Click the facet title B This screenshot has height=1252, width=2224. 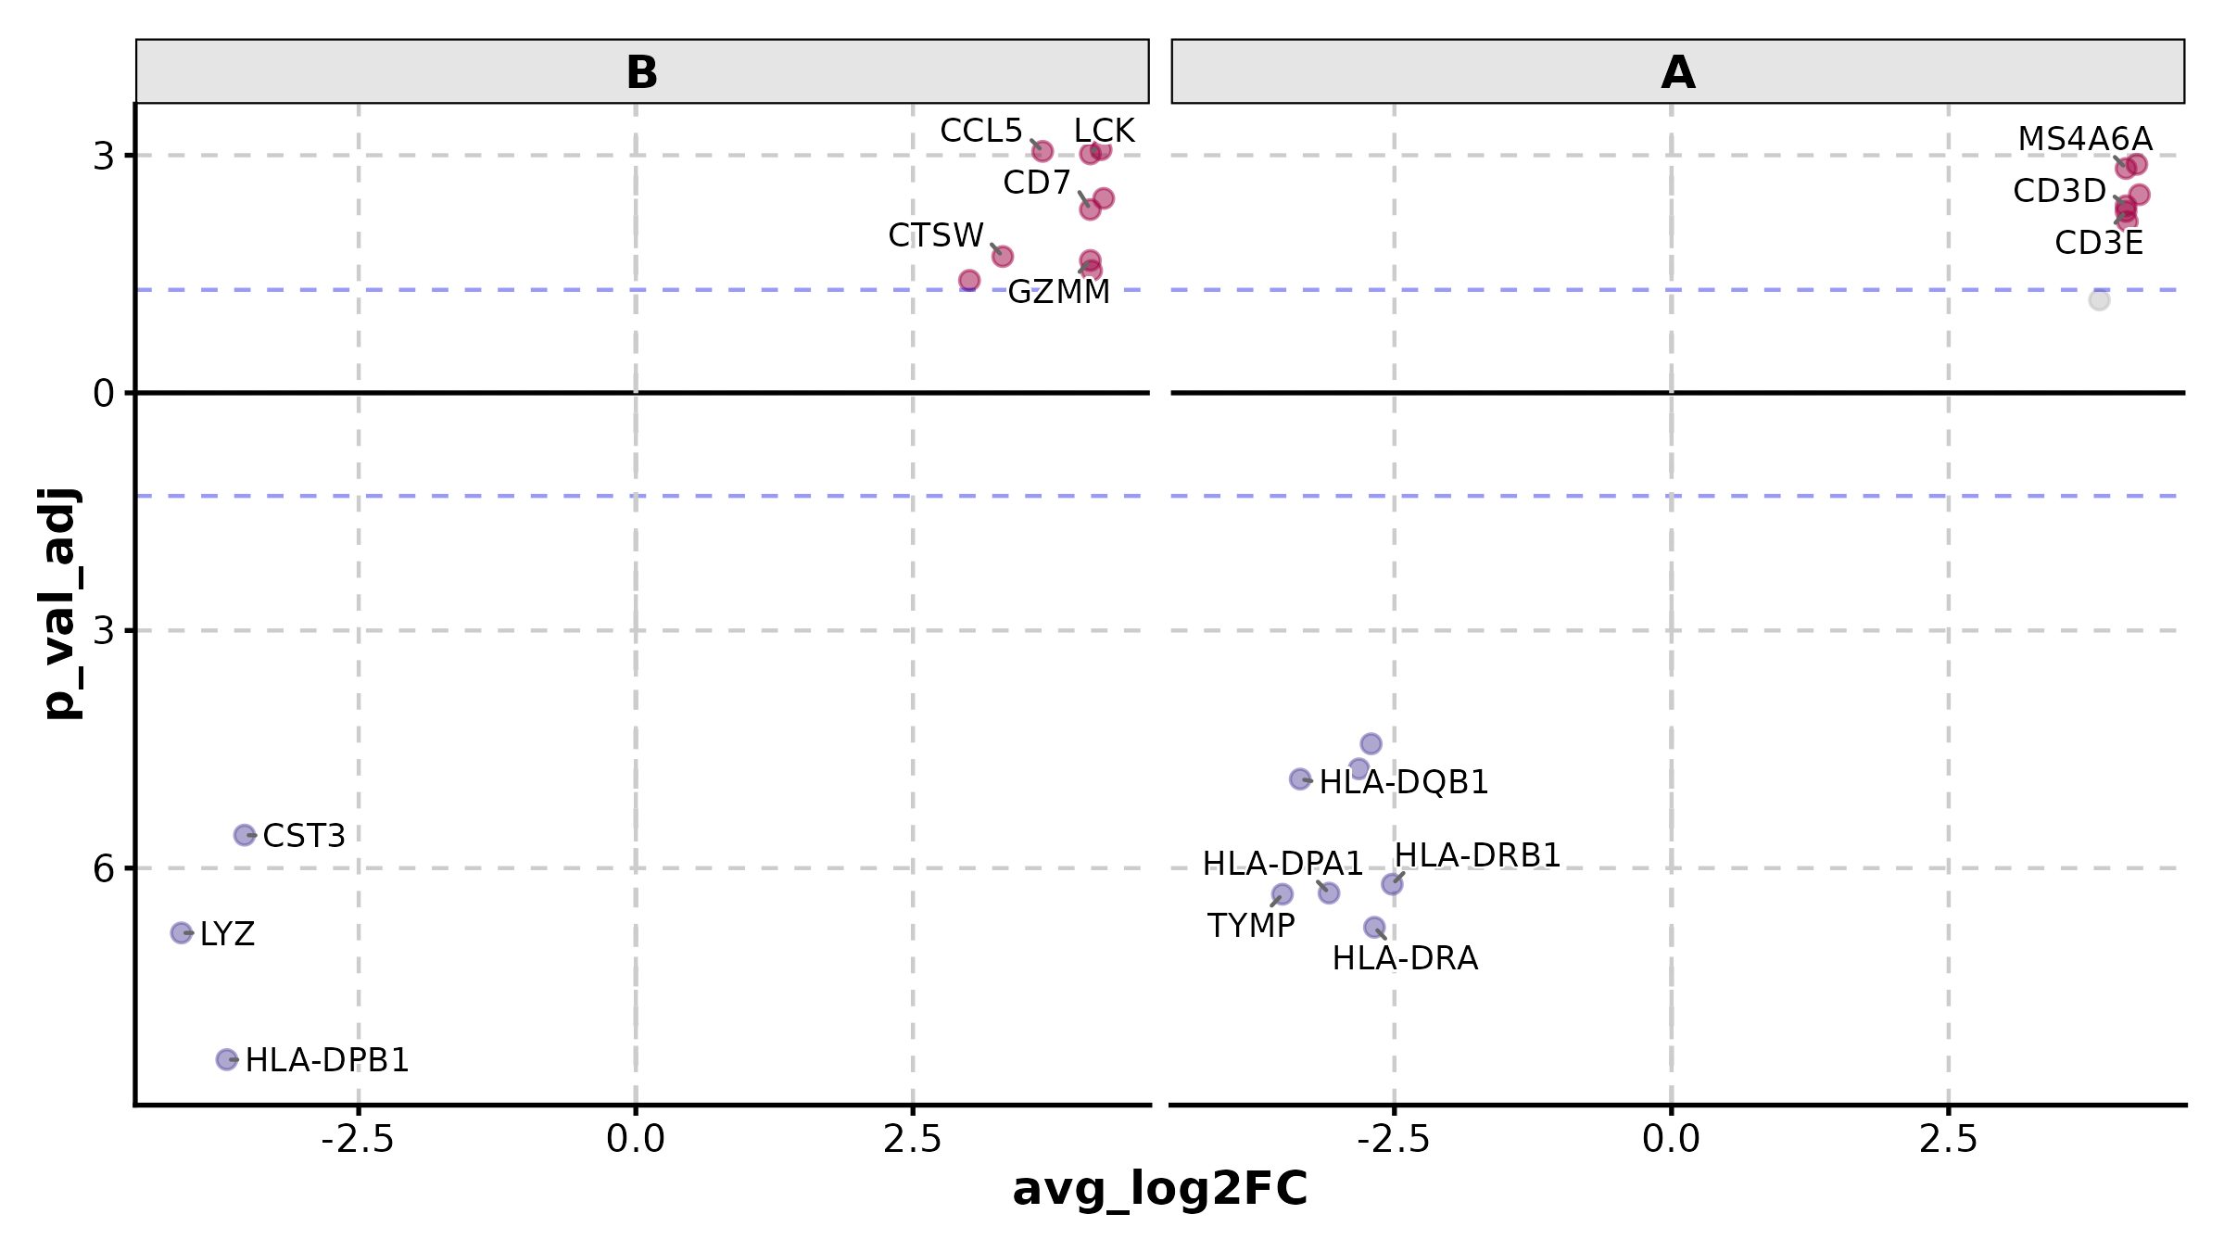point(641,72)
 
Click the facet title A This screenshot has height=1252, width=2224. point(1677,72)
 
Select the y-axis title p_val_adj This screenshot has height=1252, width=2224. point(61,603)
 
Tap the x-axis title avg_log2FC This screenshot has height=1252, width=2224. point(1159,1189)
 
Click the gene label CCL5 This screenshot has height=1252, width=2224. point(980,132)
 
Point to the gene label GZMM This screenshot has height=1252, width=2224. point(1058,293)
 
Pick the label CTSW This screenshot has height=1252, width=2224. point(935,236)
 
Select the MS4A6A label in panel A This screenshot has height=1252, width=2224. point(2085,140)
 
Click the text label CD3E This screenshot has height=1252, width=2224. point(2099,244)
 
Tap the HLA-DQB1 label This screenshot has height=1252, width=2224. point(1403,783)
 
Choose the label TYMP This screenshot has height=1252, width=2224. point(1250,926)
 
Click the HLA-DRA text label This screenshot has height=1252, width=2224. point(1405,958)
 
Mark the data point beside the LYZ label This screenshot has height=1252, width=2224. point(182,932)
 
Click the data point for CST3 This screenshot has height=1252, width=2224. point(244,835)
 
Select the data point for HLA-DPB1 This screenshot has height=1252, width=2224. point(226,1059)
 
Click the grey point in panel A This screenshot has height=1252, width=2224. point(2099,300)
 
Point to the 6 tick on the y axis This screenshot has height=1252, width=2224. point(103,869)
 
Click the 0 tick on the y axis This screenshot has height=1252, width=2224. point(103,394)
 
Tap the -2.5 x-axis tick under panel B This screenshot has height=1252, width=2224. point(358,1139)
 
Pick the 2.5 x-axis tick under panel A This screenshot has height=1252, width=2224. point(1948,1139)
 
